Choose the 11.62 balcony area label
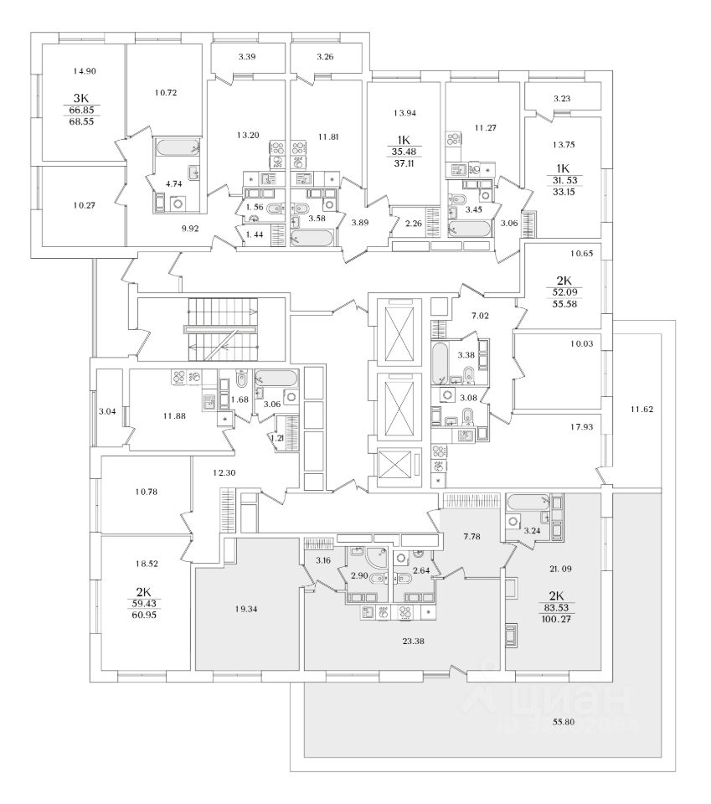(x=642, y=409)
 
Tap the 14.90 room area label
(x=86, y=71)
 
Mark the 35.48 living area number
(x=404, y=152)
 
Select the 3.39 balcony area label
(x=246, y=57)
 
